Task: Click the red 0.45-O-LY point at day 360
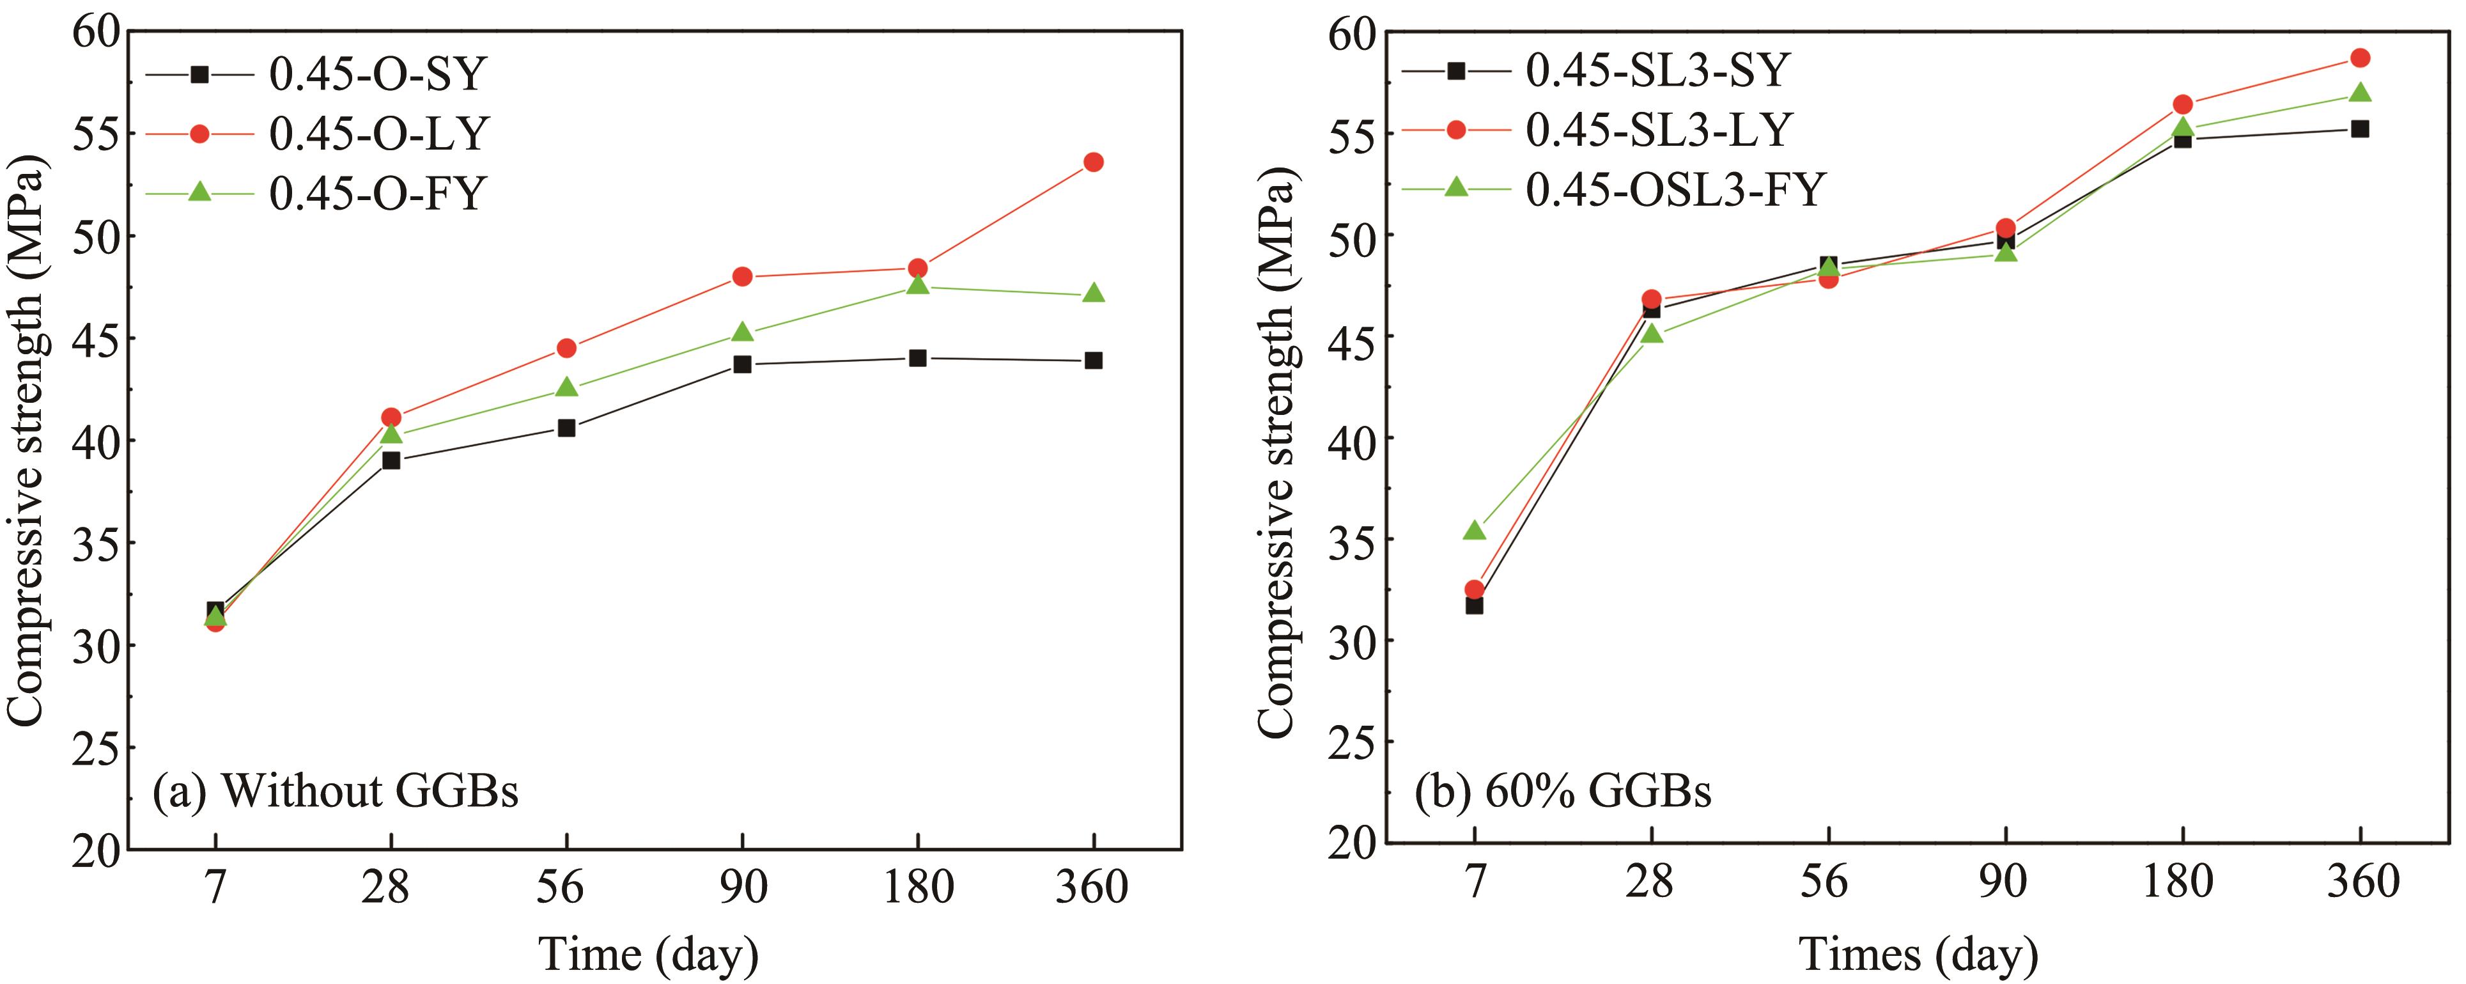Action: [x=1093, y=162]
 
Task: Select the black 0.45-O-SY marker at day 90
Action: [x=742, y=364]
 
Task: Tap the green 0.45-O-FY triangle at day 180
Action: [x=918, y=285]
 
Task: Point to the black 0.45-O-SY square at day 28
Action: [x=391, y=460]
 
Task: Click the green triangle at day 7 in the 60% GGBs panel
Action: [x=1474, y=530]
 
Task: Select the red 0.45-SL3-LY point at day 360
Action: [x=2361, y=58]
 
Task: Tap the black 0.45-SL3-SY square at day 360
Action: [x=2361, y=129]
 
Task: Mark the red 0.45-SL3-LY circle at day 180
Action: [x=2183, y=104]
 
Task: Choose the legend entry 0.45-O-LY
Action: [x=379, y=133]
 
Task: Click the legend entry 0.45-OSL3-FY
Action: [x=1675, y=189]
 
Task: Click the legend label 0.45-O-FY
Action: [x=378, y=193]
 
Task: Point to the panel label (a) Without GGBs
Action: [x=335, y=792]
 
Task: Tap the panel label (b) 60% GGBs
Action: [x=1562, y=792]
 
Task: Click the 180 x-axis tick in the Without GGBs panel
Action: [x=918, y=887]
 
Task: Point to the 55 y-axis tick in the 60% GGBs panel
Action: [x=1352, y=133]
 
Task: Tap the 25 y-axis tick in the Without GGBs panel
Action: [x=98, y=747]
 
